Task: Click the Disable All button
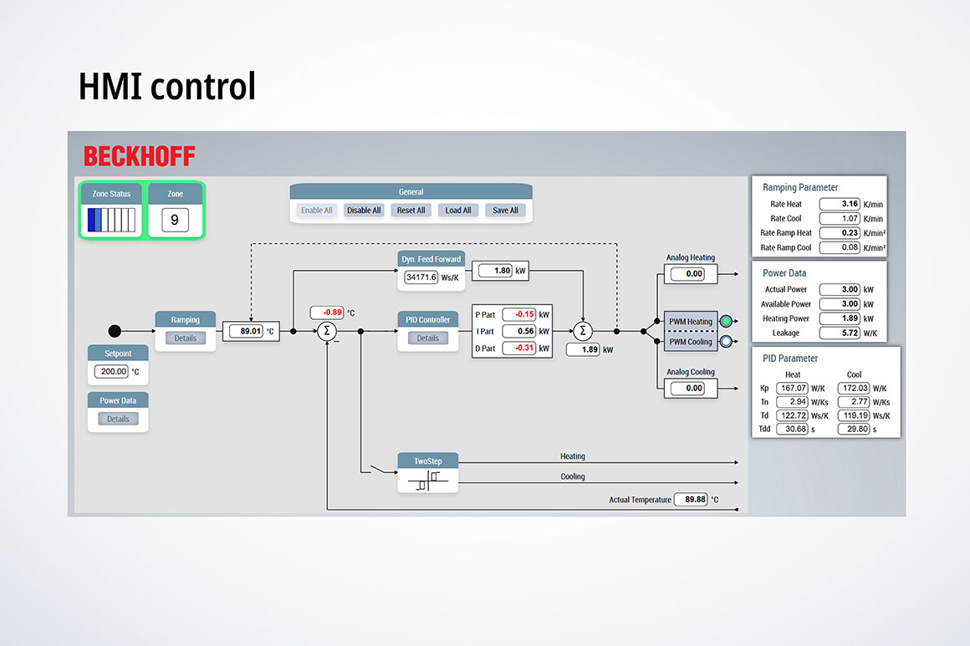(x=364, y=211)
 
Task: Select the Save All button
(x=505, y=211)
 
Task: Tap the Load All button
(x=458, y=211)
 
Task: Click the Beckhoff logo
(x=139, y=156)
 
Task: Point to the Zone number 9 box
(x=175, y=221)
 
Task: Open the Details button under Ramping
(x=185, y=338)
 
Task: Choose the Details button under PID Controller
(x=427, y=338)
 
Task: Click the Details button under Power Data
(x=118, y=419)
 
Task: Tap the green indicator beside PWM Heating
(x=725, y=321)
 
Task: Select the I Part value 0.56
(x=518, y=331)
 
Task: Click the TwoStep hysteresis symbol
(x=427, y=481)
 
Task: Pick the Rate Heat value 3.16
(x=840, y=204)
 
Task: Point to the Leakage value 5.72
(x=840, y=333)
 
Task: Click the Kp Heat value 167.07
(x=791, y=389)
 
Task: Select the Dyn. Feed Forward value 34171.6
(x=421, y=277)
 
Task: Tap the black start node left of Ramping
(x=115, y=331)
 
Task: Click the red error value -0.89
(x=327, y=313)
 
